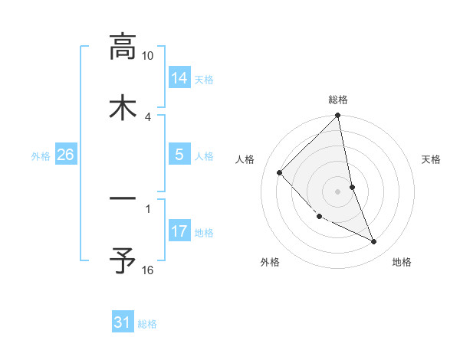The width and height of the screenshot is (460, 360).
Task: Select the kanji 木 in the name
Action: click(x=123, y=107)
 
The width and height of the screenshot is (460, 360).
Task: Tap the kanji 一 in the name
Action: click(x=123, y=199)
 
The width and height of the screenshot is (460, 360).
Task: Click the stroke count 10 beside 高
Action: click(x=148, y=56)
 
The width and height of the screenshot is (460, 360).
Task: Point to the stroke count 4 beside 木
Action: click(x=148, y=116)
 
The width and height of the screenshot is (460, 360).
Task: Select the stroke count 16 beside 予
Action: click(x=148, y=270)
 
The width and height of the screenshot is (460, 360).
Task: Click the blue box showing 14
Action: click(x=179, y=77)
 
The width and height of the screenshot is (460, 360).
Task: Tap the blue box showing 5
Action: click(x=179, y=155)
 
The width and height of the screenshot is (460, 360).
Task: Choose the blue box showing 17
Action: click(x=179, y=231)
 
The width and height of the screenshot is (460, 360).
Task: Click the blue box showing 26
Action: click(x=66, y=155)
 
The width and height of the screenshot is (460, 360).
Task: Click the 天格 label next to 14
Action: click(x=204, y=79)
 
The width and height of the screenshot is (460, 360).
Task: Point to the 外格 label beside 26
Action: click(x=41, y=156)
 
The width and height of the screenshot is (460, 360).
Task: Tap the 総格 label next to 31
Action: click(x=147, y=324)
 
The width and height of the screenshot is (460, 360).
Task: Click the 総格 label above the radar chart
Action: click(x=338, y=100)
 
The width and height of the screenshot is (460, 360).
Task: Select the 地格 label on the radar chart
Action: click(x=402, y=262)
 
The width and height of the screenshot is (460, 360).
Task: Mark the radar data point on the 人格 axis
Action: click(x=280, y=172)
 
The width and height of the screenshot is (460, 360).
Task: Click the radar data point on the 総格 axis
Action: click(x=338, y=116)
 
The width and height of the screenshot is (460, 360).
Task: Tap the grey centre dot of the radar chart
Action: click(x=338, y=191)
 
